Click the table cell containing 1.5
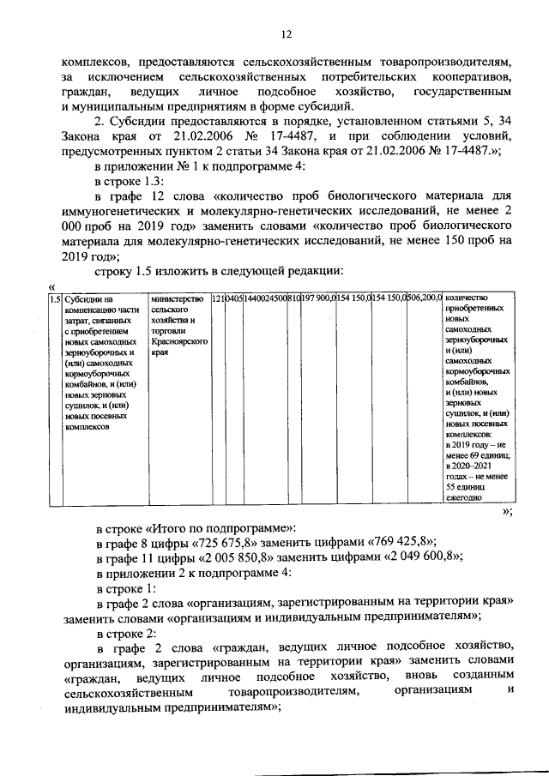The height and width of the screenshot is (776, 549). pyautogui.click(x=54, y=298)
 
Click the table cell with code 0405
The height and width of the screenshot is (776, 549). pyautogui.click(x=232, y=298)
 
